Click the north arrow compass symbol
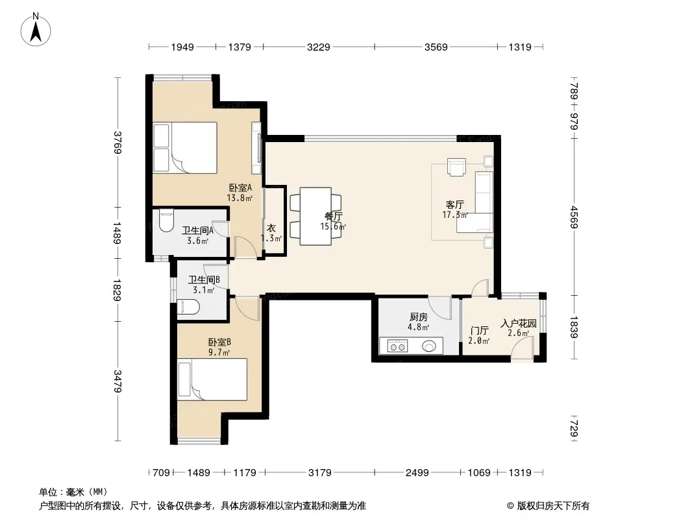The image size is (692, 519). (36, 30)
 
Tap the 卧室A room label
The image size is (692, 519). (240, 188)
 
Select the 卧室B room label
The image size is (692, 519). (219, 342)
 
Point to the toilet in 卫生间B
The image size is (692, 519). (188, 306)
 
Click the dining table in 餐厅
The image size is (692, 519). (315, 216)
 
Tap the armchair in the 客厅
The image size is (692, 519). (456, 167)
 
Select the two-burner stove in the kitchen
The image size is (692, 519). (398, 346)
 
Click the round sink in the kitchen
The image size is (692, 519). (429, 346)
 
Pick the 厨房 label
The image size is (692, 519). (418, 317)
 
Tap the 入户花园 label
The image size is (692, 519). (519, 324)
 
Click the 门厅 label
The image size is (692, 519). (479, 331)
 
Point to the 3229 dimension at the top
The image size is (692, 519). (319, 47)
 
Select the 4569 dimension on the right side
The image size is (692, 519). (574, 217)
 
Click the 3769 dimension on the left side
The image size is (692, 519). (117, 143)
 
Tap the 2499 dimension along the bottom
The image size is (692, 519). (417, 473)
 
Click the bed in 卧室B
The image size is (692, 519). (212, 380)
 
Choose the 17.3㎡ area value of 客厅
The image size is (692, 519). (455, 215)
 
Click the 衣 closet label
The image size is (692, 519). (271, 228)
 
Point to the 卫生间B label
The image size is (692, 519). (204, 280)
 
